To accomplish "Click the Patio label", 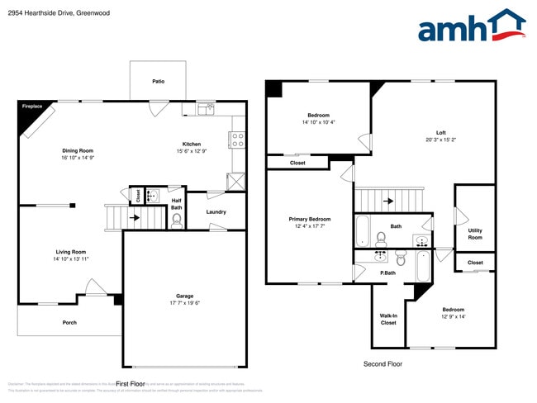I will [x=158, y=82].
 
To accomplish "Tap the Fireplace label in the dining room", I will [x=32, y=107].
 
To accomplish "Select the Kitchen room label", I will [x=192, y=144].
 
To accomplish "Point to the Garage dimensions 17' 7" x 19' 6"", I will [x=185, y=302].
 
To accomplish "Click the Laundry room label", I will [x=216, y=212].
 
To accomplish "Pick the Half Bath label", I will [x=177, y=202].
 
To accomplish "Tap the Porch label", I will [x=69, y=323].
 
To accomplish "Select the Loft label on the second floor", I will [x=441, y=132].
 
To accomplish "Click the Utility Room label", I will [x=475, y=234].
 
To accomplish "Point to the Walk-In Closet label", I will [x=388, y=319].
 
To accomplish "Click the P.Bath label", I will [x=387, y=273].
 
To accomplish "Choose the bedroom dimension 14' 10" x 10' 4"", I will [x=318, y=122].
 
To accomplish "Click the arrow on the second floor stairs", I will [x=388, y=200].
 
